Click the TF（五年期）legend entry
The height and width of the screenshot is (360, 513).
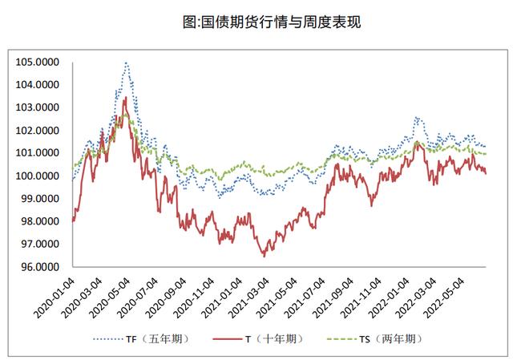click(x=156, y=338)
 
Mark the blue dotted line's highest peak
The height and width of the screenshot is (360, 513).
click(x=126, y=63)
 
